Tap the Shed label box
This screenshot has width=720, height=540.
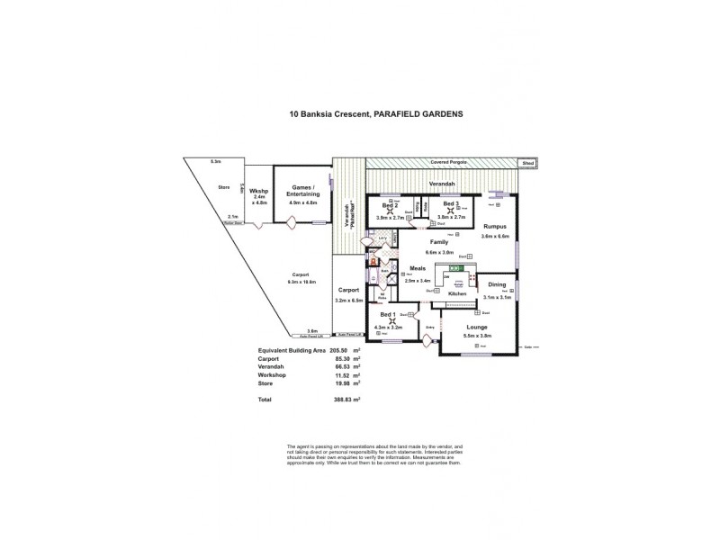530,164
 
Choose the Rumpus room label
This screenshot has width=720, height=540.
495,226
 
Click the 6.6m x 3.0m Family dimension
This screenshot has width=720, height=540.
440,253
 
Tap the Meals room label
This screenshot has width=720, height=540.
417,267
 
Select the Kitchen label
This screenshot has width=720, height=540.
457,294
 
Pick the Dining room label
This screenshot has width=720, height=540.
496,286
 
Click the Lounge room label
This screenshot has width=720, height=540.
477,328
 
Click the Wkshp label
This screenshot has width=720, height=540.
258,192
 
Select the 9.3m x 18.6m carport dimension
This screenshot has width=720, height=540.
300,283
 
